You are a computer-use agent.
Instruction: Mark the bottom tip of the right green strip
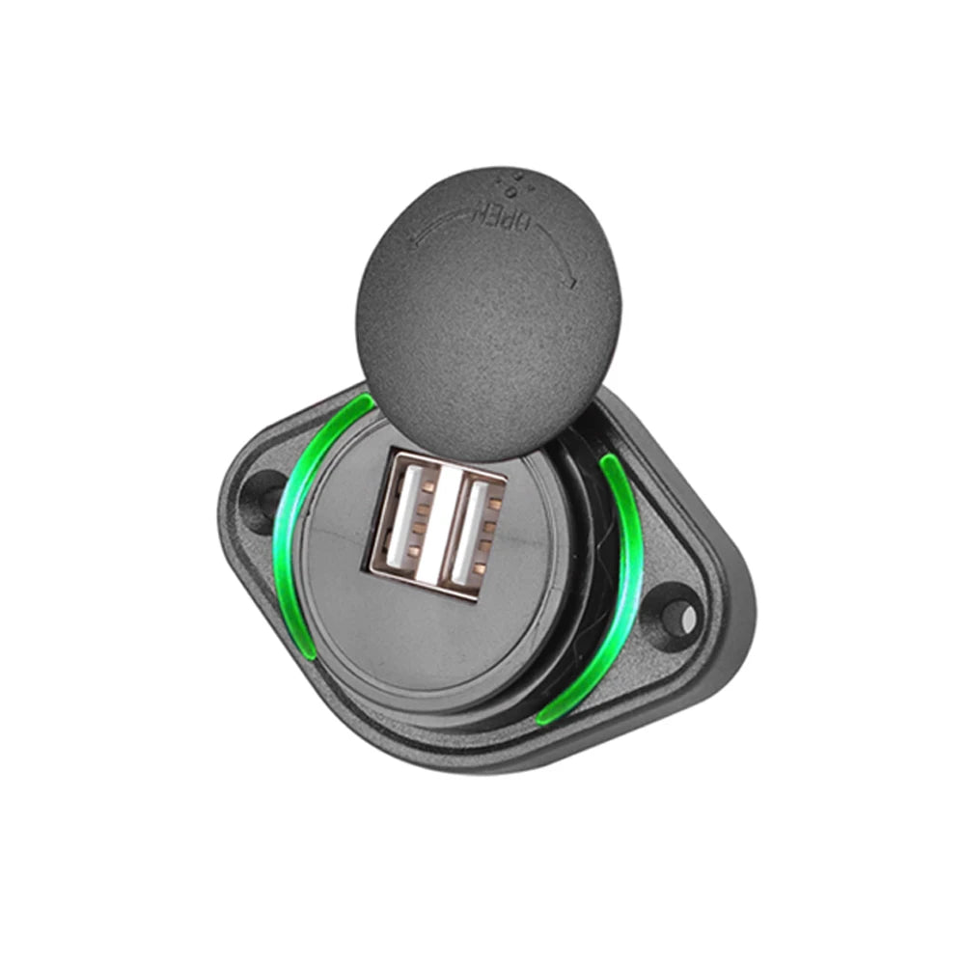(546, 719)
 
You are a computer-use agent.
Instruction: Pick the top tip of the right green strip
(608, 460)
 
